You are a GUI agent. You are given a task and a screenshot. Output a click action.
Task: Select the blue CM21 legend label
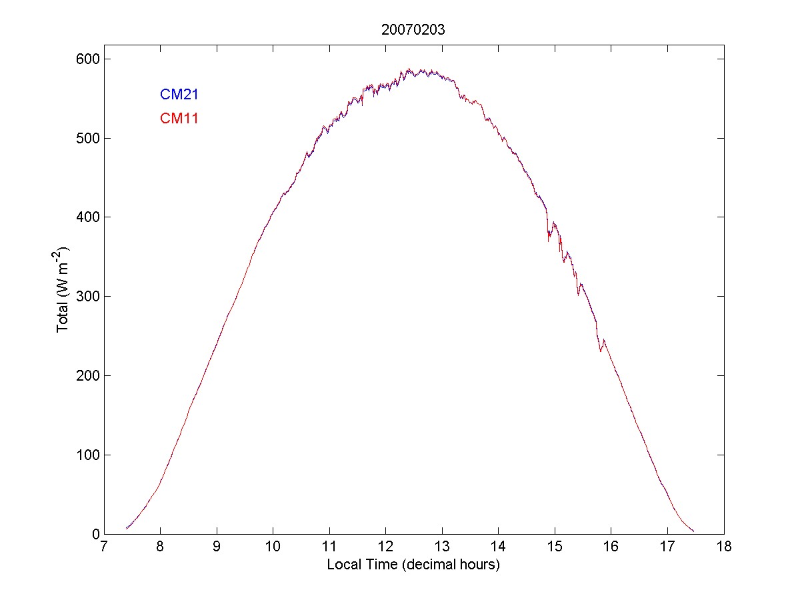click(179, 95)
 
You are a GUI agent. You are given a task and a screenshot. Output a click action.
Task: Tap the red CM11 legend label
click(179, 119)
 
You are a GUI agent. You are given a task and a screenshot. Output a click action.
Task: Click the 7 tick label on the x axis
click(103, 547)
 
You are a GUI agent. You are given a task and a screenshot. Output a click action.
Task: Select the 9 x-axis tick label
click(217, 547)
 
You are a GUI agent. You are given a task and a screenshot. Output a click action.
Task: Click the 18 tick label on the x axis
click(723, 547)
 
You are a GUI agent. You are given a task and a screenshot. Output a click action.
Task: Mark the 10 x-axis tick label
click(273, 547)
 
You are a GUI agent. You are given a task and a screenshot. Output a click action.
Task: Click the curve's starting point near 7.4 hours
click(126, 528)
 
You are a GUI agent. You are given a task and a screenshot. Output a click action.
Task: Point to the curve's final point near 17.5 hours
click(693, 531)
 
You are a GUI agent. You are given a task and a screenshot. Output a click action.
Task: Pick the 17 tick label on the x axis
click(667, 547)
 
